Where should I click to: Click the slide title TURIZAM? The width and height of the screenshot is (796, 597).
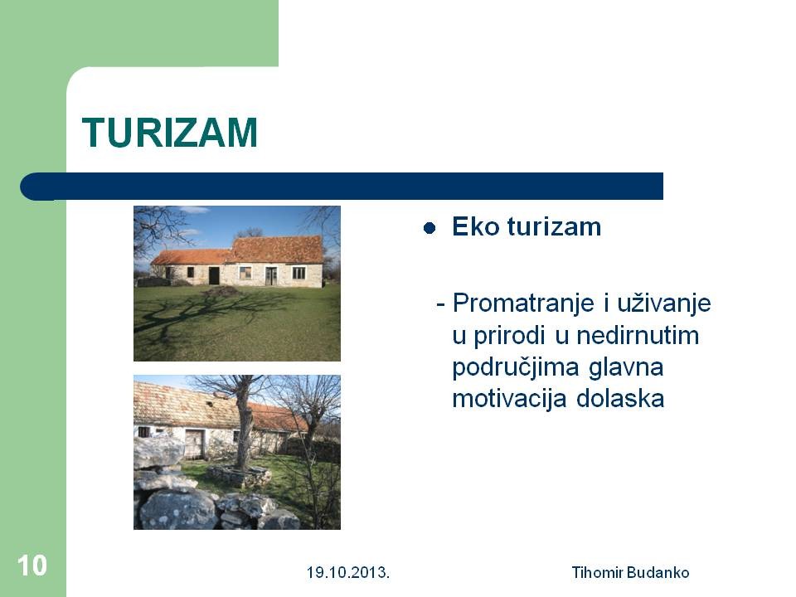tap(169, 133)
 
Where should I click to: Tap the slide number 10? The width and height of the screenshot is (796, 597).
tap(32, 565)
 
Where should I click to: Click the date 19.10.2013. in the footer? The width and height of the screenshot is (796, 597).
tap(347, 573)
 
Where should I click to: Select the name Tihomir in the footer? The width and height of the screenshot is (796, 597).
tap(597, 573)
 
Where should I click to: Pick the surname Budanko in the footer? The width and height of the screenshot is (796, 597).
tap(658, 573)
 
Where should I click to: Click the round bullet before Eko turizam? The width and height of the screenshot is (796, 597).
tap(430, 229)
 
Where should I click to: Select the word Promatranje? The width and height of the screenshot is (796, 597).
tap(523, 303)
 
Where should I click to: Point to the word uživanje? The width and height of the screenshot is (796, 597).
tap(664, 303)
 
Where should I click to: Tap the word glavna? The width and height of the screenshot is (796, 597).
tap(626, 368)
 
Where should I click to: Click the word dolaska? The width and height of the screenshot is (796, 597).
tap(620, 399)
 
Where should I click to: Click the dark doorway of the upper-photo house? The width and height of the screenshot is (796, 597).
tap(214, 275)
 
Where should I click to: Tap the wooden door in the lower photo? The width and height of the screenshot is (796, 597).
tap(193, 444)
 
